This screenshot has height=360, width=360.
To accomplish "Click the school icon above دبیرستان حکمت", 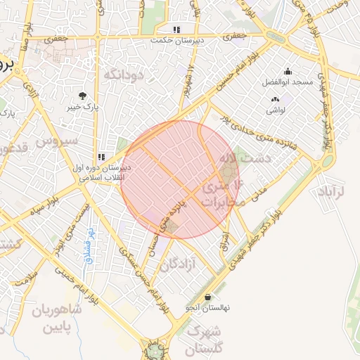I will pyautogui.click(x=176, y=30).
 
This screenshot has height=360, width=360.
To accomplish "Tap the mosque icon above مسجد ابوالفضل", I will pyautogui.click(x=287, y=71).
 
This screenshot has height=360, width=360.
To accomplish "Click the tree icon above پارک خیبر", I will pyautogui.click(x=84, y=95).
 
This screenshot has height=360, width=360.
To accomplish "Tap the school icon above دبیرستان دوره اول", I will pyautogui.click(x=102, y=157).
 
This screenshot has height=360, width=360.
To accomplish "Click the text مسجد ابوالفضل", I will pyautogui.click(x=288, y=82).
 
